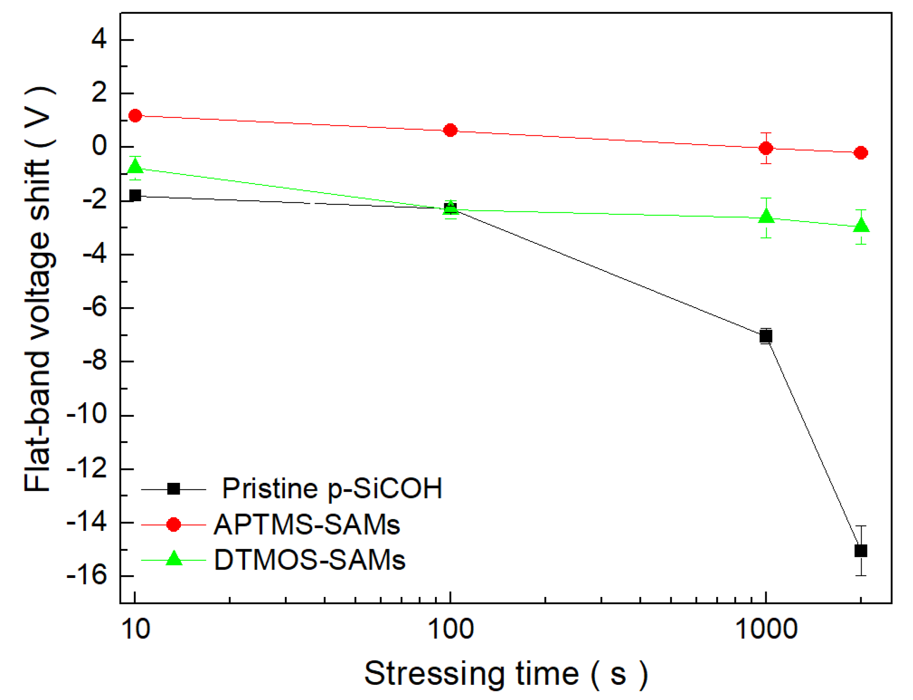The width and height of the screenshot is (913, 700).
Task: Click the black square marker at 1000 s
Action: point(766,336)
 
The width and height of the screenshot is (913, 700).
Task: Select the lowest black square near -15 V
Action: point(861,551)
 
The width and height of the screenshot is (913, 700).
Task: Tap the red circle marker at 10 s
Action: point(135,116)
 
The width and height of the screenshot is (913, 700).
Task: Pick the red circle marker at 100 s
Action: point(450,130)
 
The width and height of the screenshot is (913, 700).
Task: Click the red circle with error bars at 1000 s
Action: point(766,148)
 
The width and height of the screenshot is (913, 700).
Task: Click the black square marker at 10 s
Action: point(135,195)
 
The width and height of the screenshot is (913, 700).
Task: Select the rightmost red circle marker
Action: point(861,153)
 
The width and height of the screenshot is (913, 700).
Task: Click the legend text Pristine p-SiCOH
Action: point(332,488)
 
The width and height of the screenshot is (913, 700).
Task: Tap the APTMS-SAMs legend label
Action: point(307,525)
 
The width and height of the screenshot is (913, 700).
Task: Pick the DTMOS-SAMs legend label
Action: point(309,560)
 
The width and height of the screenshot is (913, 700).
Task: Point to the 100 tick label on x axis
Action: point(451,629)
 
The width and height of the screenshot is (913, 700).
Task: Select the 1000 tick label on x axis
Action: point(766,629)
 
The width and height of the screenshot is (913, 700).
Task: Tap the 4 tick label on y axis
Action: point(99,40)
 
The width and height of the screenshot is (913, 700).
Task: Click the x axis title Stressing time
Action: point(506,674)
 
